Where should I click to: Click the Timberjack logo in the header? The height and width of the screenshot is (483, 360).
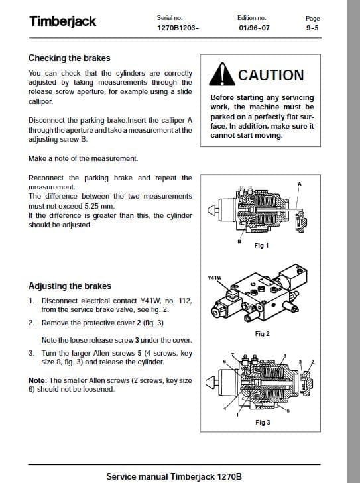point(63,21)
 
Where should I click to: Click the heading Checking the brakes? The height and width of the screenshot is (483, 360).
point(69,58)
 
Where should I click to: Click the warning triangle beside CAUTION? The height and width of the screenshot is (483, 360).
point(221,76)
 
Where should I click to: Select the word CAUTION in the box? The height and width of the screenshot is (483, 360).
point(270,76)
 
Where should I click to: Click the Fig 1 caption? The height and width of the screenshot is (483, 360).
point(261,245)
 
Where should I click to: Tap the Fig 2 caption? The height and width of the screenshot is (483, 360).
point(262,334)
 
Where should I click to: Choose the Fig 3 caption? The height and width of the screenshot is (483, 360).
point(263,422)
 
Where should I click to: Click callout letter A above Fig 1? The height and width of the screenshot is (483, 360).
point(299,184)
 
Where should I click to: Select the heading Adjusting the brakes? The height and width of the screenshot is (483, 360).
point(70,286)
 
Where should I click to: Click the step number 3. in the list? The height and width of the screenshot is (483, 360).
point(32,353)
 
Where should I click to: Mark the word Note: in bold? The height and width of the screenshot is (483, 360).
point(38,381)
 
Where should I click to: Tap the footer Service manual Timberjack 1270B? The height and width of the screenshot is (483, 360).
point(174,476)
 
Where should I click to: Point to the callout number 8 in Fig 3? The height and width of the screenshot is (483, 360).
point(284,356)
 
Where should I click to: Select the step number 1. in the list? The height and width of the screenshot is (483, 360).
point(32,301)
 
